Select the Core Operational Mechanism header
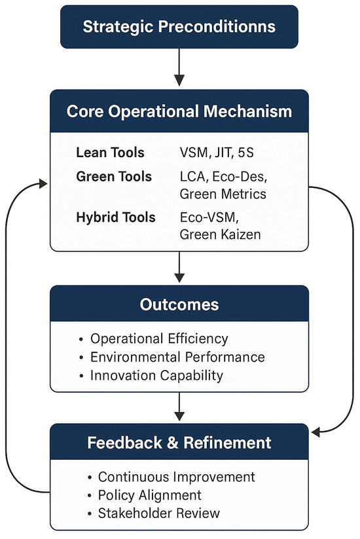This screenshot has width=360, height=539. point(179,110)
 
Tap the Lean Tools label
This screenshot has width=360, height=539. point(110,153)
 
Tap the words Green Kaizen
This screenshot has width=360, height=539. point(220,234)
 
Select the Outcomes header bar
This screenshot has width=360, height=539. point(179,306)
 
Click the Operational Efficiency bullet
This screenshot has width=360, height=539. point(159,339)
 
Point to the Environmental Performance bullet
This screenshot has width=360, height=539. point(177,357)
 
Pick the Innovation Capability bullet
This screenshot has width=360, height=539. point(156,375)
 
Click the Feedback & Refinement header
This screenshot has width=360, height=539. point(179,443)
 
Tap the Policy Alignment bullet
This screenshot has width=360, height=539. point(149,494)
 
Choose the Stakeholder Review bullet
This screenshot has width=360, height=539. point(159,512)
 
